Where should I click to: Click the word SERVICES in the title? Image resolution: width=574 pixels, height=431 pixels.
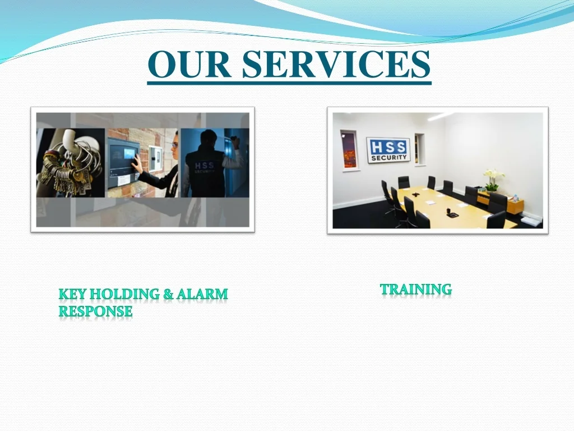coord(336,64)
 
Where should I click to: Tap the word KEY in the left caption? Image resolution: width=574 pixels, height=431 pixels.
coord(73,294)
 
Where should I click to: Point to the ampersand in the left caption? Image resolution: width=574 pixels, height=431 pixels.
coord(168,294)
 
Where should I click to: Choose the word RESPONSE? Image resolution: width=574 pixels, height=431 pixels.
coord(96,311)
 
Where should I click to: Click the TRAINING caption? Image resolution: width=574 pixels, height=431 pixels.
coord(415,290)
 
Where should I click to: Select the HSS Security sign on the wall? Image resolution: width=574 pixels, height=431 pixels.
coord(388,150)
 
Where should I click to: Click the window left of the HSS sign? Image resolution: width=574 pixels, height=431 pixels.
coord(349,149)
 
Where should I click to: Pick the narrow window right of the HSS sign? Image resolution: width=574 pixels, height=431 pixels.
coord(420,149)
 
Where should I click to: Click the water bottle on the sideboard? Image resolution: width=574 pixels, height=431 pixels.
coord(515,198)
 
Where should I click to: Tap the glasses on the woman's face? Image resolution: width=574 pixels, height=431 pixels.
coord(175,145)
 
